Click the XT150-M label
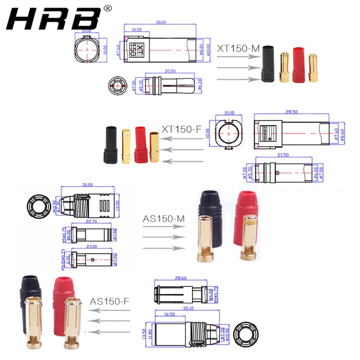238,48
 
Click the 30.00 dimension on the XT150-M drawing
161,22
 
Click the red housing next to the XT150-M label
299,65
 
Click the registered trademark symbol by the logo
108,8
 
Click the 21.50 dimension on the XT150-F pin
283,154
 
